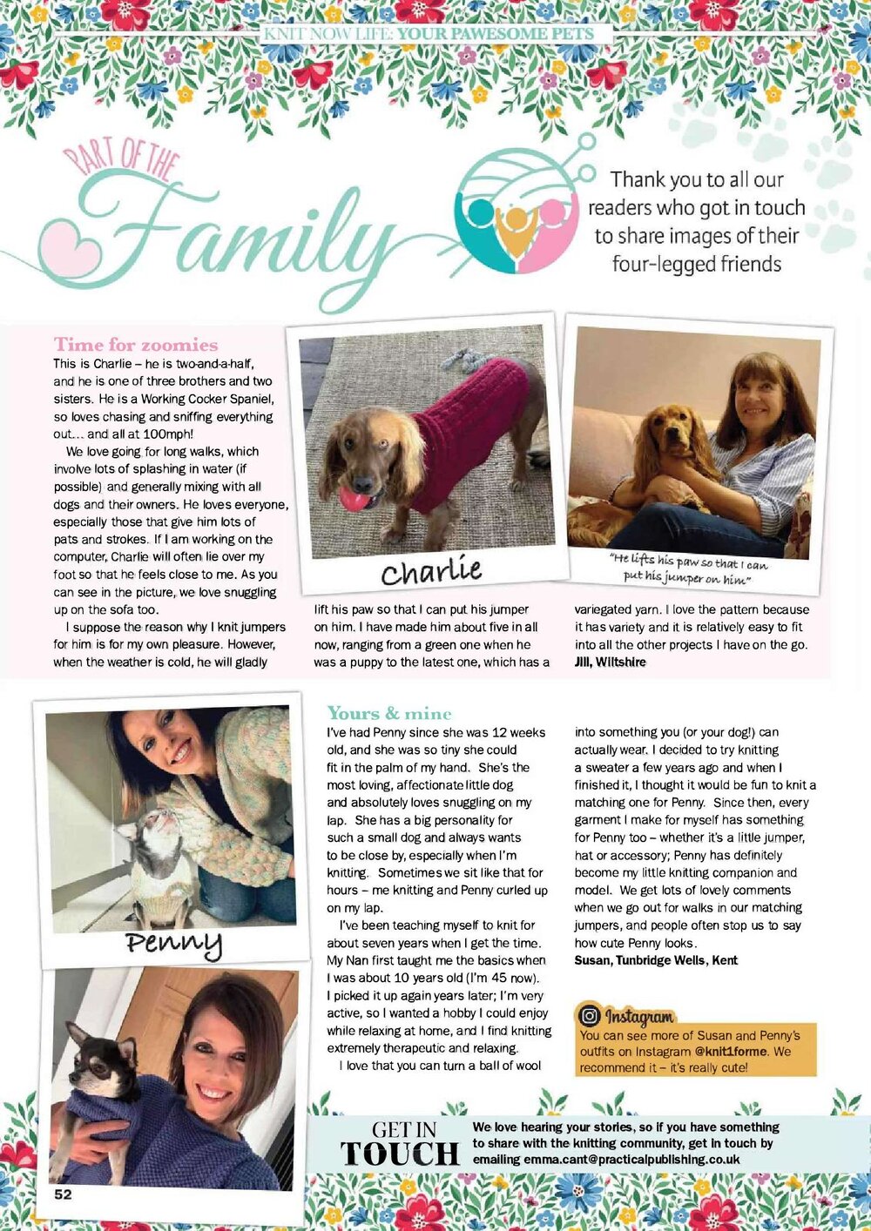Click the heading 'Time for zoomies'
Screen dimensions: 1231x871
[x=136, y=344]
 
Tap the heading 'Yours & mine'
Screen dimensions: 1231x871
[x=388, y=713]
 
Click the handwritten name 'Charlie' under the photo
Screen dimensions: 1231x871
[x=431, y=571]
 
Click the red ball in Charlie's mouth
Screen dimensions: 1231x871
[x=353, y=498]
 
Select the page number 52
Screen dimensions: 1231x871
[x=63, y=1194]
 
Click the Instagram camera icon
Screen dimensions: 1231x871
[x=590, y=1015]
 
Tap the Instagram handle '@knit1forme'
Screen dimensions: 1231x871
[x=731, y=1051]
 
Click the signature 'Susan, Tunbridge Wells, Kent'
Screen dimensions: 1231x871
[x=656, y=960]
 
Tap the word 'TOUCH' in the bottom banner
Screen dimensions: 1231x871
[x=400, y=1154]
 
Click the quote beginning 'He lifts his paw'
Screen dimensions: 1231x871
[x=688, y=568]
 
